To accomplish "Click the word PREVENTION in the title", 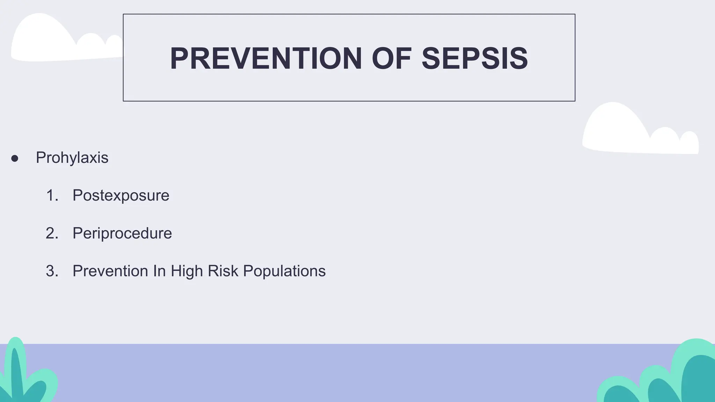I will coord(266,59).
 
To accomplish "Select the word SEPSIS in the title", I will coord(475,59).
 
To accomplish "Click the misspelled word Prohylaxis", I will coord(72,158).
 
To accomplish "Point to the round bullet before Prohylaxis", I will coord(15,159).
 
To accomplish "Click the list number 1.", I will coord(51,195).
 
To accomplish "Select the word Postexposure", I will coord(121,196).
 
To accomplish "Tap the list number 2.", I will coord(51,233).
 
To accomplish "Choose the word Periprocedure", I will coord(122,233).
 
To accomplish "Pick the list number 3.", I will coord(51,271).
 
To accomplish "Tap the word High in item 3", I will coord(187,271).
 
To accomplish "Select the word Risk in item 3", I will coord(223,271).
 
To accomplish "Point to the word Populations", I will coord(284,271).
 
